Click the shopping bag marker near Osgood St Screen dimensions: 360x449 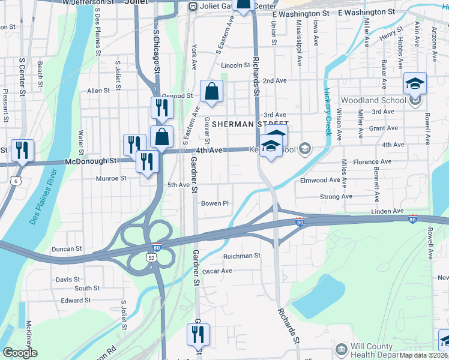(211, 92)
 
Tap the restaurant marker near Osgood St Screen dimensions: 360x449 (162, 108)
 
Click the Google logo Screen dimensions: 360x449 (20, 352)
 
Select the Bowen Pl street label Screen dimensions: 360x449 (215, 203)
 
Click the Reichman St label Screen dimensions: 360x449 (241, 255)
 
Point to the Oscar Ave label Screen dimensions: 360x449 (217, 271)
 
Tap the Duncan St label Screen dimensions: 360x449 (66, 248)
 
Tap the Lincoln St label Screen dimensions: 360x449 (235, 65)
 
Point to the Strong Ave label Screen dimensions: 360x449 (336, 196)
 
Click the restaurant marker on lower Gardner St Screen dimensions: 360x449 (199, 334)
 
